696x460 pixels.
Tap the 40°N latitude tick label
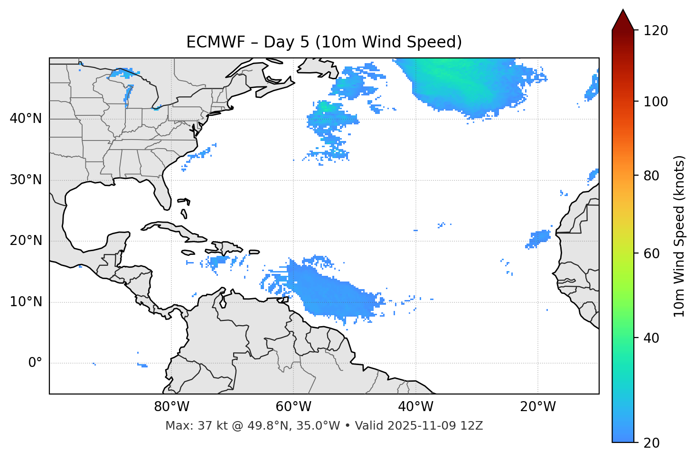click(26, 119)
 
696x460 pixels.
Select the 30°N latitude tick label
click(26, 180)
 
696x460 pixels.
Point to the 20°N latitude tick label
click(26, 241)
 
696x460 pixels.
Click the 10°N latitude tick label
click(26, 302)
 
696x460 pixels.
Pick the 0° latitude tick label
click(35, 363)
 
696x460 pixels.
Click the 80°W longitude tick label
click(171, 407)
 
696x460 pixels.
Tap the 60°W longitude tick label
click(293, 407)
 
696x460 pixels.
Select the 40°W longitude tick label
click(416, 407)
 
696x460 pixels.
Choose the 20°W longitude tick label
click(538, 407)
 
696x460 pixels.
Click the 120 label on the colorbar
click(656, 30)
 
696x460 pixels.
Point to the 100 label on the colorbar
click(656, 102)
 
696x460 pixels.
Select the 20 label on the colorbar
click(651, 443)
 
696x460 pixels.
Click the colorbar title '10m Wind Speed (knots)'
click(679, 236)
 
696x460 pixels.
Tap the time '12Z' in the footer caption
click(473, 426)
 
